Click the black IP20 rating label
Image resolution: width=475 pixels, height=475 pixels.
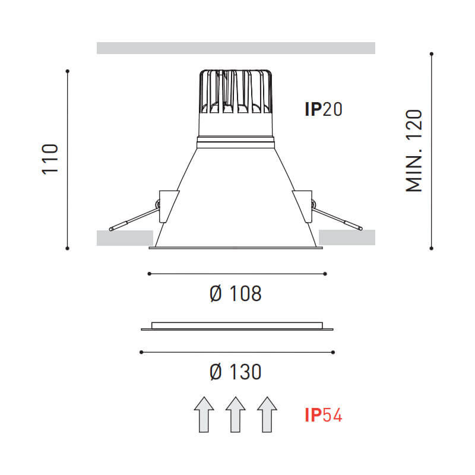[324, 110]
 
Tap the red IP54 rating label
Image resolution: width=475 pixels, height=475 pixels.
[324, 415]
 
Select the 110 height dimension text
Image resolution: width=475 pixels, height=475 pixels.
[50, 159]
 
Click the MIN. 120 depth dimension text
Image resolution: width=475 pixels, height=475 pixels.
[414, 151]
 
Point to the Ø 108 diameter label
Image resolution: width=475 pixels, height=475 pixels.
[236, 293]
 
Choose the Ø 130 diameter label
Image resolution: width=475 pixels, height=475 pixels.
[236, 372]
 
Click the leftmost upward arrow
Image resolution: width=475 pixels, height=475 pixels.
[204, 414]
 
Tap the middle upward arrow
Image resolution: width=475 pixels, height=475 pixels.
[236, 414]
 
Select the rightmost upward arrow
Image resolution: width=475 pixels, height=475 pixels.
[267, 414]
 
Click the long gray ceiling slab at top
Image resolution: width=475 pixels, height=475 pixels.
[236, 48]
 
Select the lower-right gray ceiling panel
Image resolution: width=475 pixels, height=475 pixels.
[347, 237]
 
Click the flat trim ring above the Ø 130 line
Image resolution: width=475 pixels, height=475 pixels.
[237, 327]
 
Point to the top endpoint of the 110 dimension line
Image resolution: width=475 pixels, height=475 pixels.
[68, 71]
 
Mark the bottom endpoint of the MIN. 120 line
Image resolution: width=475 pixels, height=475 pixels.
[432, 248]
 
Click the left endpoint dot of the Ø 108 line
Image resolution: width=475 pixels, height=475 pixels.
[149, 274]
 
